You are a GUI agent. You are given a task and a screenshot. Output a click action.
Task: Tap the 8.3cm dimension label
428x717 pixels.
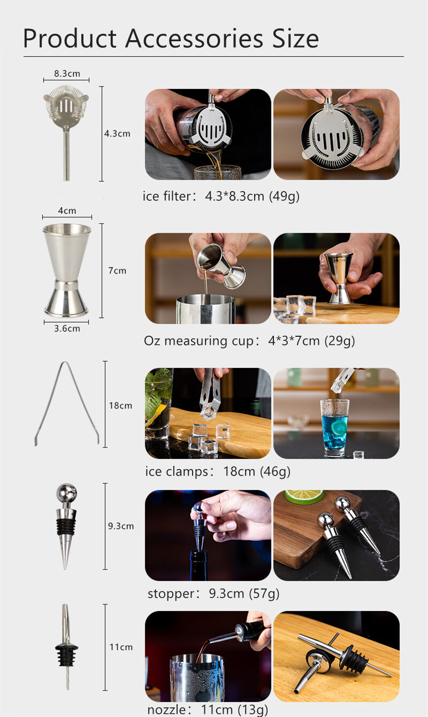pos(67,73)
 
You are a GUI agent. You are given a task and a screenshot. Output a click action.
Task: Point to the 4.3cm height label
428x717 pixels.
pos(117,133)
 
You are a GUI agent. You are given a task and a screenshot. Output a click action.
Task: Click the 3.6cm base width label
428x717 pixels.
pos(67,328)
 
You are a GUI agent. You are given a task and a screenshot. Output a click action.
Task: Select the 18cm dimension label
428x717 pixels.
pos(120,405)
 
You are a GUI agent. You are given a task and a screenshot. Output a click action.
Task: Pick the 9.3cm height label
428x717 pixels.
pos(120,526)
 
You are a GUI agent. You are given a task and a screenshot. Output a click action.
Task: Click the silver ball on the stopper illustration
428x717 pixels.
pos(66,492)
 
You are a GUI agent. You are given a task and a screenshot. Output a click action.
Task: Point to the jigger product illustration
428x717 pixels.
pos(67,270)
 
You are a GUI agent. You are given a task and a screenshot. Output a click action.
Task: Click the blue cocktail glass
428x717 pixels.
pos(335,427)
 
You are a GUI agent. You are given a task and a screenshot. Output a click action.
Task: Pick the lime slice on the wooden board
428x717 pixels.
pos(303,496)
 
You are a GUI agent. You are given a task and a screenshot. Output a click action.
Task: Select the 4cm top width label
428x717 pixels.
pos(67,211)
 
